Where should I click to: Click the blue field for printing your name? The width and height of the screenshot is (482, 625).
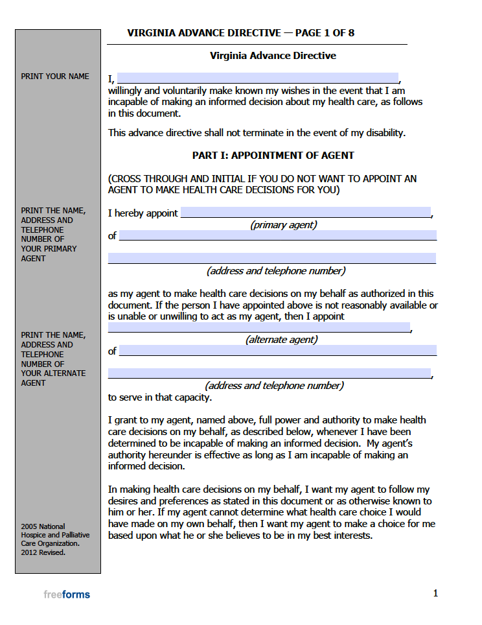257,78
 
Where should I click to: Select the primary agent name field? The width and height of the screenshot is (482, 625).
305,213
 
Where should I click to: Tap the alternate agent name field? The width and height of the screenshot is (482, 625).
258,327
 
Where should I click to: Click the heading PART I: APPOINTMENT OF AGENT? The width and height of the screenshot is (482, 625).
273,156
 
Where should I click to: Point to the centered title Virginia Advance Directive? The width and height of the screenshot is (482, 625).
273,56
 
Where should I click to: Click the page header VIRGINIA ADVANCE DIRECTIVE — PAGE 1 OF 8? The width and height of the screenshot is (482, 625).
240,33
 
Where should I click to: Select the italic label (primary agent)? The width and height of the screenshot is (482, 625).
283,225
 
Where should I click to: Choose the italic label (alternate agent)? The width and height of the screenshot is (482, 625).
281,339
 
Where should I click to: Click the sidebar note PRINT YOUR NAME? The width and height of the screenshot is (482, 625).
55,77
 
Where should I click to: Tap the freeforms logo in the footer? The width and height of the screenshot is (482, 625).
67,595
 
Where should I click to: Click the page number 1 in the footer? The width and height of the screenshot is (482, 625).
435,593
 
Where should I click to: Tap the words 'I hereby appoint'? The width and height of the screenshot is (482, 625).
143,213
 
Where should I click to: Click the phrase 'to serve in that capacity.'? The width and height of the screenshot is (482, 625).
159,397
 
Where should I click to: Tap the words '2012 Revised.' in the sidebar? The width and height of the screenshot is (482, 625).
43,553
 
